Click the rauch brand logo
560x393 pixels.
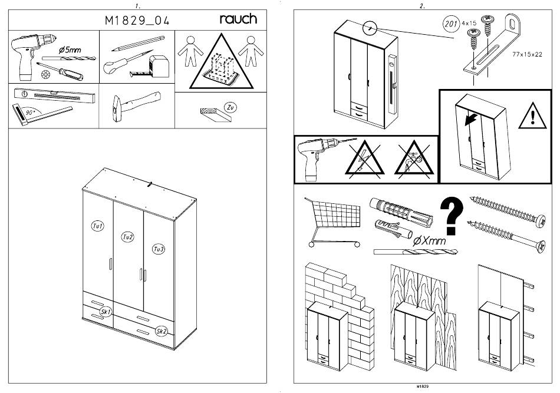click(238, 19)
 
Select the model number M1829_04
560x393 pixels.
click(137, 21)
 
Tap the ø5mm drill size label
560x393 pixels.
click(70, 50)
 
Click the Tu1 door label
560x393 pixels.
click(97, 226)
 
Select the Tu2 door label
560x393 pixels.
click(127, 237)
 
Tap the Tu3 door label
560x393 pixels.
click(158, 249)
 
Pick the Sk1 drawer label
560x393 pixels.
click(106, 312)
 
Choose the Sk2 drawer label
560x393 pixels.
click(162, 332)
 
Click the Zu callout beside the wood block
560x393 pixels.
click(230, 107)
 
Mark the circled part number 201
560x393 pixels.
click(451, 24)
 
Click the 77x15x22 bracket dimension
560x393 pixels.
click(527, 54)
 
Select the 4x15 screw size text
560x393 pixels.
click(469, 23)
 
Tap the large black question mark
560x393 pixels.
click(452, 216)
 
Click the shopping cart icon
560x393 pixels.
click(332, 222)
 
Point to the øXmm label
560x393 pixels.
click(429, 241)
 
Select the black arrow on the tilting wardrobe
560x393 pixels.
click(471, 120)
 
